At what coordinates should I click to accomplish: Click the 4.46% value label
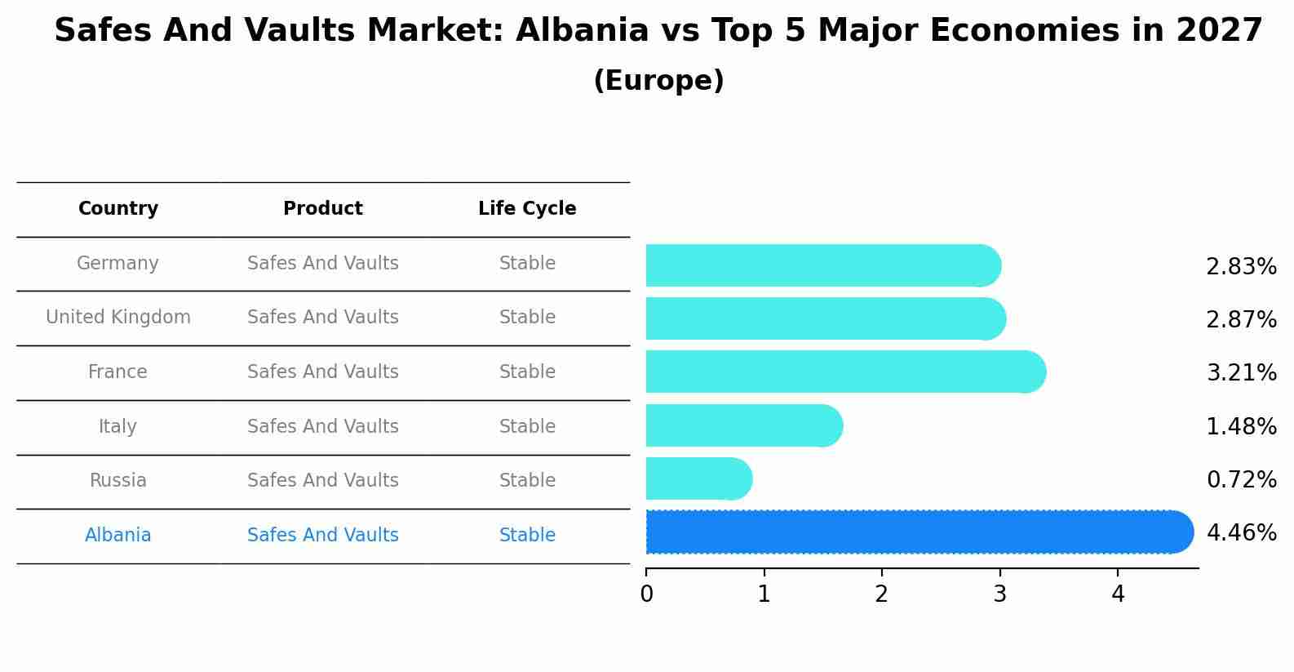[1241, 533]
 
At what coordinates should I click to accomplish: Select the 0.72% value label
[1241, 480]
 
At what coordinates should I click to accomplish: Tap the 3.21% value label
[1241, 373]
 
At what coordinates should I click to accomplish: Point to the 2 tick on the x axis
[881, 594]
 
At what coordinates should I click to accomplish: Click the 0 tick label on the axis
[646, 594]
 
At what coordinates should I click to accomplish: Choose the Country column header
[118, 209]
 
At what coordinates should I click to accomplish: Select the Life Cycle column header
[527, 209]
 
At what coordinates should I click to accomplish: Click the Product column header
[323, 209]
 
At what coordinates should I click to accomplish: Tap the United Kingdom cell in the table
[118, 318]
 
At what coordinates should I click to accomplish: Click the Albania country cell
[118, 536]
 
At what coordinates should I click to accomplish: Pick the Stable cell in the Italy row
[527, 427]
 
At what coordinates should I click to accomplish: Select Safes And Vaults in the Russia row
[323, 481]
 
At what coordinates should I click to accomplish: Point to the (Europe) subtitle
[658, 81]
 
